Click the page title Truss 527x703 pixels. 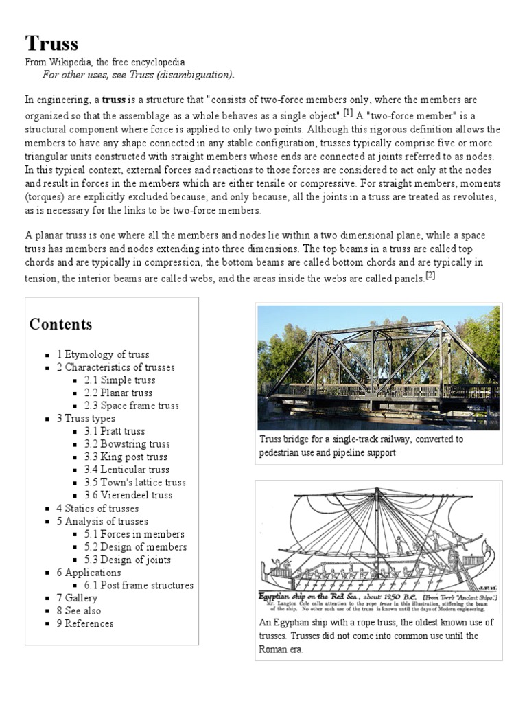click(52, 44)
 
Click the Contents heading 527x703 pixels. click(60, 324)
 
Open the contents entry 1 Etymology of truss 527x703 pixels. click(103, 354)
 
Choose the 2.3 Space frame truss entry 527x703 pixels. click(132, 406)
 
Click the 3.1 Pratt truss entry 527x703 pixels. click(115, 431)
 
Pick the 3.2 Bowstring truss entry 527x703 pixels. click(127, 444)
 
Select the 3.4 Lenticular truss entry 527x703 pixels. click(127, 470)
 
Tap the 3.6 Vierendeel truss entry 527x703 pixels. click(128, 495)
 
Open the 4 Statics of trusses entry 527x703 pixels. click(97, 508)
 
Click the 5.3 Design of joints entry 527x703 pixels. click(128, 560)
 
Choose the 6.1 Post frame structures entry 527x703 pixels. click(139, 585)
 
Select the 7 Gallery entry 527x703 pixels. click(77, 598)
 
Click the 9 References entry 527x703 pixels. click(85, 623)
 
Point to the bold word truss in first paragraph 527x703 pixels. click(114, 100)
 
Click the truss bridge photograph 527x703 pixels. click(378, 367)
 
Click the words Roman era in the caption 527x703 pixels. click(281, 649)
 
